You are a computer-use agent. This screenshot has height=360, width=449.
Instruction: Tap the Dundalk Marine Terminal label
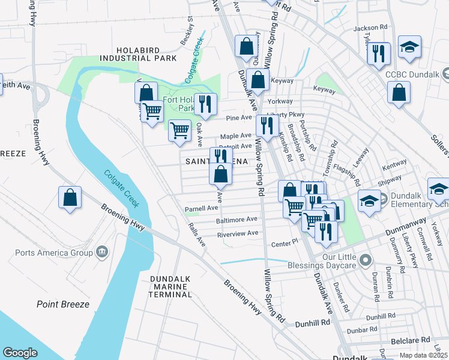click(x=170, y=286)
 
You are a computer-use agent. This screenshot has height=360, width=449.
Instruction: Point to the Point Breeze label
click(x=63, y=304)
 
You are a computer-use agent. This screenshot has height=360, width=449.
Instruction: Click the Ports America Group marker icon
click(x=100, y=250)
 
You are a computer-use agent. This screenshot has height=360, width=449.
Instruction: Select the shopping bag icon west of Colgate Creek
click(x=70, y=197)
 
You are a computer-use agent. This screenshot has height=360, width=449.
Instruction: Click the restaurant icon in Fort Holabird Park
click(x=205, y=104)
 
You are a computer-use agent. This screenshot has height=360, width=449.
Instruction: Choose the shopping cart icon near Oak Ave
click(x=179, y=130)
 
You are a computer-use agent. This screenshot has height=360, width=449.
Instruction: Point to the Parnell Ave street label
click(x=201, y=208)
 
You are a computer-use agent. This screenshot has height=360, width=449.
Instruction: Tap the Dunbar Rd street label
click(x=361, y=329)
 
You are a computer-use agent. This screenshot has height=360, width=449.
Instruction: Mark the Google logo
click(x=20, y=353)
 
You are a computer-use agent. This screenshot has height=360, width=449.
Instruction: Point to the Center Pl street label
click(x=285, y=243)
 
